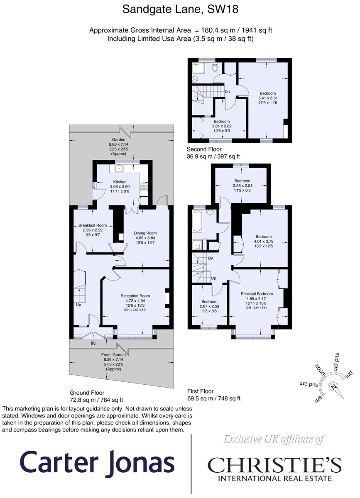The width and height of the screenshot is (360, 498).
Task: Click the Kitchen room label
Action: pyautogui.click(x=120, y=182)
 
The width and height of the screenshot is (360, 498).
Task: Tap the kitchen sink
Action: pyautogui.click(x=119, y=169)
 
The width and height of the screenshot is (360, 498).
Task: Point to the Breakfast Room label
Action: pyautogui.click(x=93, y=225)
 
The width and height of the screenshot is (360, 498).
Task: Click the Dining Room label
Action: pyautogui.click(x=145, y=233)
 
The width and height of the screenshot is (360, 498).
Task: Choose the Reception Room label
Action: pyautogui.click(x=135, y=295)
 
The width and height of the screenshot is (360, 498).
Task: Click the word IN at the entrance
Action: pyautogui.click(x=93, y=343)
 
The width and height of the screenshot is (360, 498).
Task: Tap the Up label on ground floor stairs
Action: pyautogui.click(x=78, y=305)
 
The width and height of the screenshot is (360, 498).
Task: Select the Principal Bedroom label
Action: pyautogui.click(x=257, y=294)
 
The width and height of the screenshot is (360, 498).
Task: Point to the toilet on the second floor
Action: pyautogui.click(x=215, y=67)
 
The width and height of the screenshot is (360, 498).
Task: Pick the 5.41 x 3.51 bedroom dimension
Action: pyautogui.click(x=268, y=98)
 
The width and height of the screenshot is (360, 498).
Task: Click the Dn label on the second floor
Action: pyautogui.click(x=227, y=92)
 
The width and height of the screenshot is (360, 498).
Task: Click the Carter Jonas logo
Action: pyautogui.click(x=97, y=462)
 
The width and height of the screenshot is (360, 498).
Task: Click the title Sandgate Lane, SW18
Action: pyautogui.click(x=180, y=10)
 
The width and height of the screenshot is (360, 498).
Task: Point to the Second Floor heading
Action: pyautogui.click(x=204, y=149)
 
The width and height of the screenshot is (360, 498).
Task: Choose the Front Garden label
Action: pyautogui.click(x=113, y=354)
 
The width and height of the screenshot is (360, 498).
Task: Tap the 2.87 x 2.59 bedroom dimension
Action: pyautogui.click(x=209, y=306)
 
